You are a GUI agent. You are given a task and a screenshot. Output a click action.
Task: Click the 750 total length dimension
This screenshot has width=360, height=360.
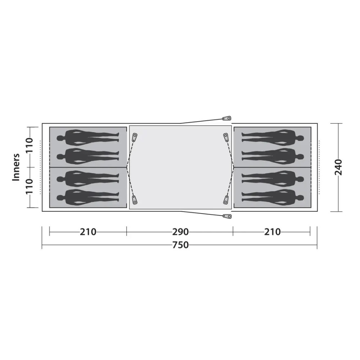180,245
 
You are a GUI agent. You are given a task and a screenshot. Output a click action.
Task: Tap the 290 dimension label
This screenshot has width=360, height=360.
180,232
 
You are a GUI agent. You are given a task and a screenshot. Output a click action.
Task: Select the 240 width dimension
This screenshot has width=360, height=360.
339,167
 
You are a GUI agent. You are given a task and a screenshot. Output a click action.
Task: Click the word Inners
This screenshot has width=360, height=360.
16,167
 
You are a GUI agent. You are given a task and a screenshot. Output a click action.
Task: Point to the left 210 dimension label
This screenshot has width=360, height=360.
88,232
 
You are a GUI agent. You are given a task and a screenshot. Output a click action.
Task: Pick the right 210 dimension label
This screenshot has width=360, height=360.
272,232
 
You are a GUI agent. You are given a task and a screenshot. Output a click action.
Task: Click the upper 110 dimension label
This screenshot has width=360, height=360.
30,145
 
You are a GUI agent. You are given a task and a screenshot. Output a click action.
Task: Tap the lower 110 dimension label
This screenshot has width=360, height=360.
30,186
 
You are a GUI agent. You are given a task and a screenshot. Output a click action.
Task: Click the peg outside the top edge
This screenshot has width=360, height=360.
226,118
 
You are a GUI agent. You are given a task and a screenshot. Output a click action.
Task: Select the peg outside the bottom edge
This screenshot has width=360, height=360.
227,216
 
